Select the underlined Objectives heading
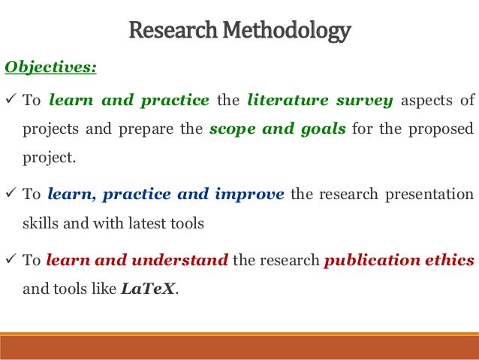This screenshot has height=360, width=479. click(51, 68)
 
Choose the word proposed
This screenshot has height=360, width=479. click(447, 128)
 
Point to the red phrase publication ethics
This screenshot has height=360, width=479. click(399, 260)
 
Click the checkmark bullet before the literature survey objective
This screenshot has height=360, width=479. click(11, 101)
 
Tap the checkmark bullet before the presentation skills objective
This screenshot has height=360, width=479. click(11, 194)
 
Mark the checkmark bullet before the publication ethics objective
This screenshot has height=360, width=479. click(11, 260)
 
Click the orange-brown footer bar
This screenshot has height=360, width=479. click(239, 346)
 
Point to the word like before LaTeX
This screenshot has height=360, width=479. click(103, 288)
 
